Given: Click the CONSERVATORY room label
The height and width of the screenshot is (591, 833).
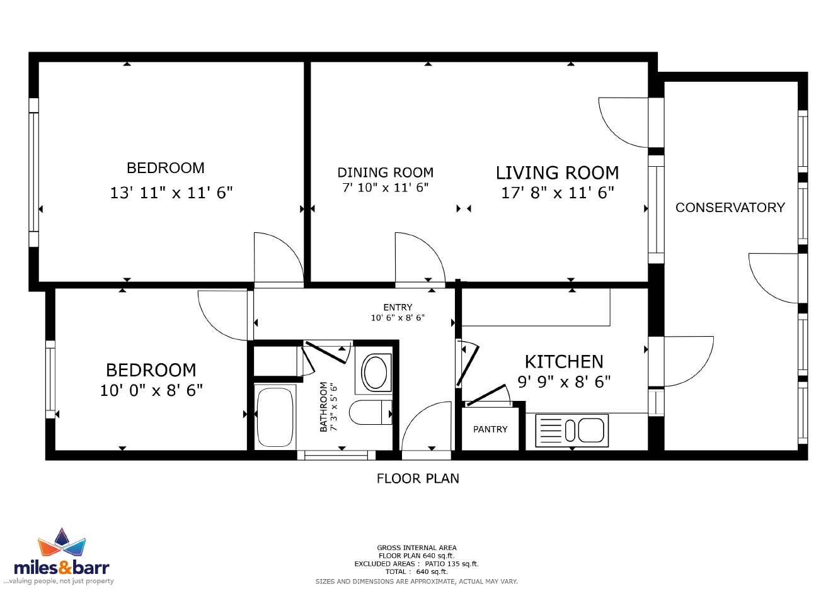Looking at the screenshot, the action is point(730,207).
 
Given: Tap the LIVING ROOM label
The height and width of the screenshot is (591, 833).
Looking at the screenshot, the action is point(557,172).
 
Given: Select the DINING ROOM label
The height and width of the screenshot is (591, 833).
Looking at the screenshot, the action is point(385,172).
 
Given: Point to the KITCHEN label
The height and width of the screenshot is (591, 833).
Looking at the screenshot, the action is point(564,361).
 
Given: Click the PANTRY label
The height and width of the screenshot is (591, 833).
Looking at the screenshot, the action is point(490,429).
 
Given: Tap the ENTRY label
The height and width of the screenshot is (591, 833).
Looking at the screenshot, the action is point(398,307).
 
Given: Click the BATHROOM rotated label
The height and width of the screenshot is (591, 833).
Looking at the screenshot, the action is point(323,407).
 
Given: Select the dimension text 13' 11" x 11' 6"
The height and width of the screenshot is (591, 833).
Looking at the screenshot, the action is point(171,193).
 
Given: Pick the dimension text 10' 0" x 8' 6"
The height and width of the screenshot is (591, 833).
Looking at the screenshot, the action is point(151,390).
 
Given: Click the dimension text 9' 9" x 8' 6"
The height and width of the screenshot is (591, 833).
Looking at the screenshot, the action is point(564,381).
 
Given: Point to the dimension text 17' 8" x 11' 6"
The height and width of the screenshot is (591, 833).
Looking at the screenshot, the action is point(557,193).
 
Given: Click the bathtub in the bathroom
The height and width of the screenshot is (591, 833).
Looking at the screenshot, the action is point(275,417).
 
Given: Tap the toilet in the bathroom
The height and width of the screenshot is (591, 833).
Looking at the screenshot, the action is point(371,412).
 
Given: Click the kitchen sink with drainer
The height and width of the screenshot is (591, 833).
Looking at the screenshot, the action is point(572,431).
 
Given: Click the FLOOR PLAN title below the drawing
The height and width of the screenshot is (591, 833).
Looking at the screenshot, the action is point(418,478).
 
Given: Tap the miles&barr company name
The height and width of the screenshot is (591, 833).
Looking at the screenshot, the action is point(62,568).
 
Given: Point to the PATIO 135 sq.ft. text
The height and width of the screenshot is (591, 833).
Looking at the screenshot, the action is point(451,564).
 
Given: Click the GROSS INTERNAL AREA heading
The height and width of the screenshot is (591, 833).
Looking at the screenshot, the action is point(417,548).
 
